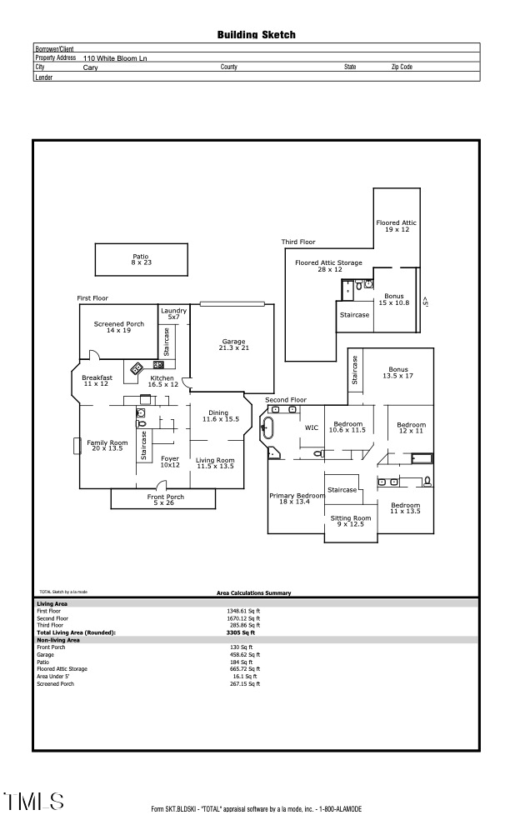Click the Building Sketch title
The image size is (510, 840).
(256, 35)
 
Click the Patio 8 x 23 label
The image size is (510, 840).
(141, 260)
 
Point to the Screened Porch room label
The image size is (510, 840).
(119, 327)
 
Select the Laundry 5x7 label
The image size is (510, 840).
(173, 314)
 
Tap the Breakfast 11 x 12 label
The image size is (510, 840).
(97, 381)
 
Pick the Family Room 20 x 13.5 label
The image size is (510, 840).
(107, 446)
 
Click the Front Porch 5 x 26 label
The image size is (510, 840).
(166, 500)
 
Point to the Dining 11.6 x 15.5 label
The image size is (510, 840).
(218, 416)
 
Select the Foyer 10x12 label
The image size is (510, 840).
(170, 462)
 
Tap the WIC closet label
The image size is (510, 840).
(312, 427)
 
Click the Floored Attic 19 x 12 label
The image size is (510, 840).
(396, 226)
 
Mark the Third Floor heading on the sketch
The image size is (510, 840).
(298, 242)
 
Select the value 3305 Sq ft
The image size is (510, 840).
(241, 632)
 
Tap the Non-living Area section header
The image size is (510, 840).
(58, 639)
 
